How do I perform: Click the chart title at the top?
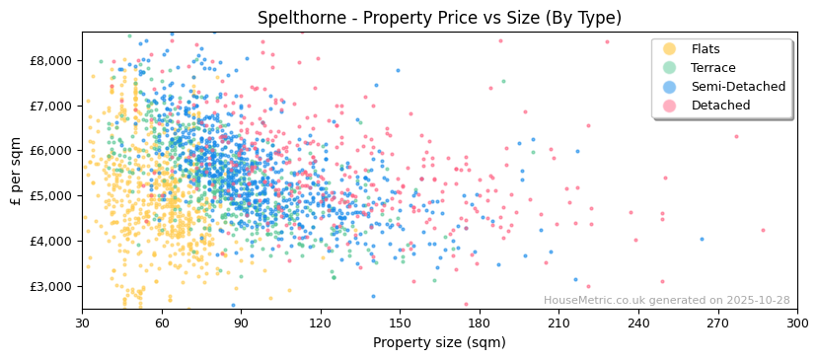point(439,18)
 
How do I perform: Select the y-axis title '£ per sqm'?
point(16,171)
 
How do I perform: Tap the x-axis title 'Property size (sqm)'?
point(439,343)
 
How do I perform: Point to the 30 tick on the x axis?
point(82,323)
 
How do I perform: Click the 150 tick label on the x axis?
point(400,323)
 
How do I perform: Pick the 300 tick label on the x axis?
point(796,323)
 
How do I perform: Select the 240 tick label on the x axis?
point(637,323)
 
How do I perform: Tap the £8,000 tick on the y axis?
point(50,60)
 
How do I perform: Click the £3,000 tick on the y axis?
point(50,286)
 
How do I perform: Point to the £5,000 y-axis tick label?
point(50,195)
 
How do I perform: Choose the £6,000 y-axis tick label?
point(50,151)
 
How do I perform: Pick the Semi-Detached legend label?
point(738,87)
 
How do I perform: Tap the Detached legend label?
point(720,106)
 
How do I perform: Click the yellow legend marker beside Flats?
point(670,49)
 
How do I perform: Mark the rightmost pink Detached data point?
point(763,230)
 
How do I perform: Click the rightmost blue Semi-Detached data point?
point(702,239)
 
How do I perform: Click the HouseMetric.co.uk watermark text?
point(666,301)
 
